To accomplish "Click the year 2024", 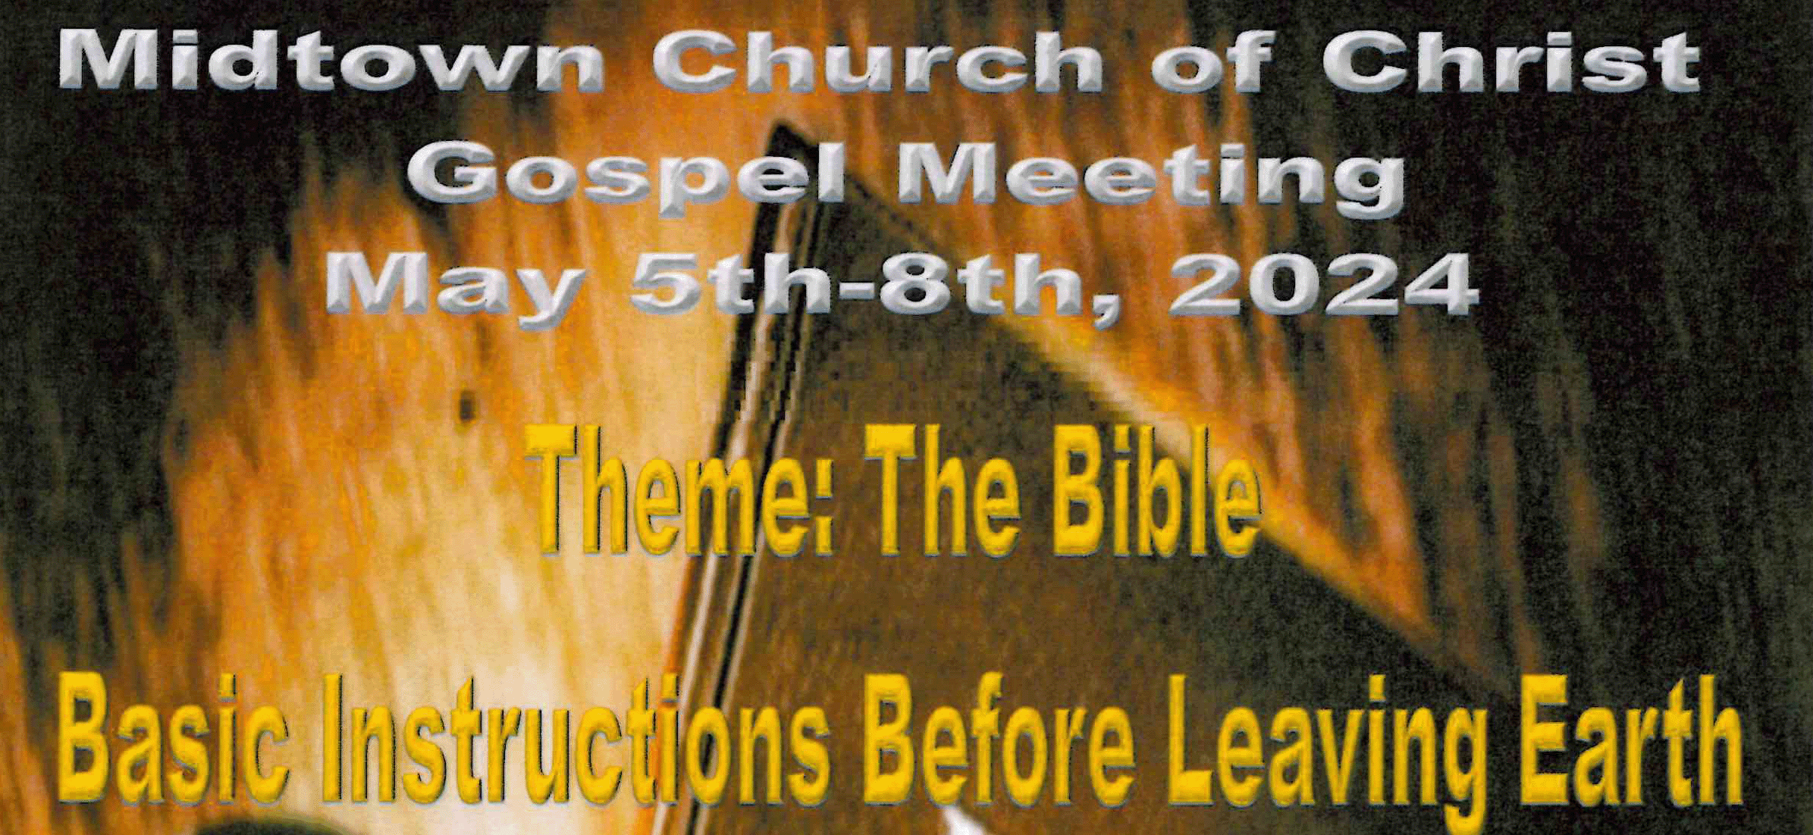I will coord(1323,288).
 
